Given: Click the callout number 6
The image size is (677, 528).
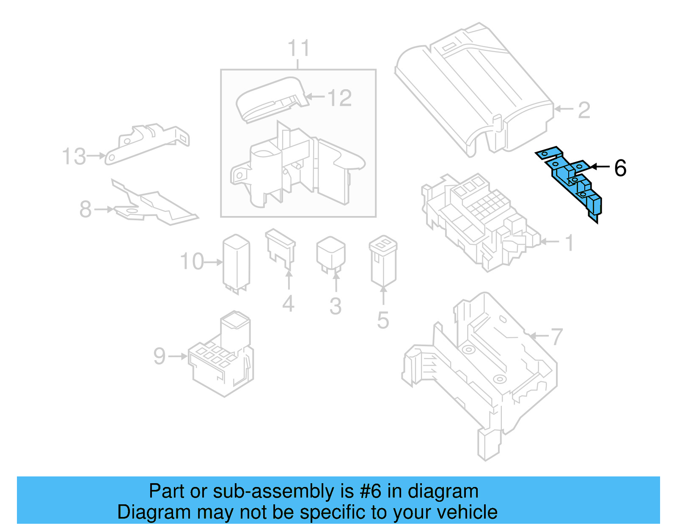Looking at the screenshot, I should tap(620, 168).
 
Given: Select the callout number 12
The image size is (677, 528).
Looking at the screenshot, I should tap(339, 98).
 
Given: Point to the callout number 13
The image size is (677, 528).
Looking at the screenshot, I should tap(74, 157).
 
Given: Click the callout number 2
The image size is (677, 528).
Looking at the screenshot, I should tap(584, 110).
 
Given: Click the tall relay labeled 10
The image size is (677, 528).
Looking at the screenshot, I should tap(236, 263).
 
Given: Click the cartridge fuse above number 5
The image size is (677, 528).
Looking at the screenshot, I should tap(383, 260).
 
